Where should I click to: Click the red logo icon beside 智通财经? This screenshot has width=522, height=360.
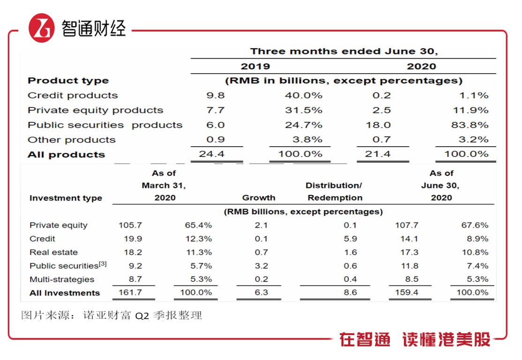click(42, 28)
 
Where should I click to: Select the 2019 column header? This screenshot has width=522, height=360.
click(255, 66)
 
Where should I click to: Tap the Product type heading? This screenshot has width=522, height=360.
click(68, 81)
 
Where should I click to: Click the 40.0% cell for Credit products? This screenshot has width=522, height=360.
click(304, 95)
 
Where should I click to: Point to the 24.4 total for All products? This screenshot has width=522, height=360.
click(215, 154)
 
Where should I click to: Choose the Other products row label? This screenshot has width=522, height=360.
click(71, 140)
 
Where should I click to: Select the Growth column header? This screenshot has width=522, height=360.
click(259, 198)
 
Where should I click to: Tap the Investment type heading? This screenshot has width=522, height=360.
click(66, 198)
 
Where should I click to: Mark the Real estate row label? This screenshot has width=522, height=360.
click(53, 252)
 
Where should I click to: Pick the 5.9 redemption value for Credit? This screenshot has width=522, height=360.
click(350, 239)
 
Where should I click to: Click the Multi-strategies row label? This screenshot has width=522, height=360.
click(62, 279)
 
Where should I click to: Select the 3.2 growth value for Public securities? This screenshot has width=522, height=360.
click(261, 266)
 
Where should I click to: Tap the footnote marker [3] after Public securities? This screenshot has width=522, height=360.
click(102, 264)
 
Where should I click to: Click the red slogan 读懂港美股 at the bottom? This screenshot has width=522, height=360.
click(446, 340)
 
